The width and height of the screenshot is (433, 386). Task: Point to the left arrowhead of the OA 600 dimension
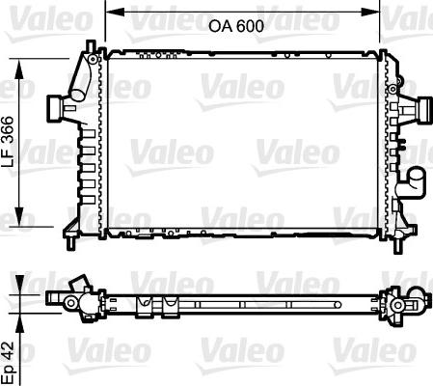click(109, 12)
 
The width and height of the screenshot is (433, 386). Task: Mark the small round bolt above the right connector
click(393, 88)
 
